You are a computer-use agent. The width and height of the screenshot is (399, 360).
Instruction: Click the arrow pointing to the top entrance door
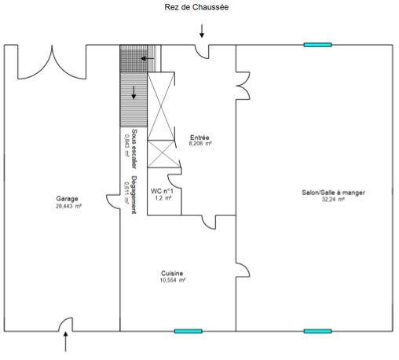tap(202, 31)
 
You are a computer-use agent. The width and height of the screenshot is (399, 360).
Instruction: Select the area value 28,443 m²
tap(68, 206)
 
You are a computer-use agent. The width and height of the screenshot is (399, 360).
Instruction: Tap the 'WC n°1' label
tap(162, 191)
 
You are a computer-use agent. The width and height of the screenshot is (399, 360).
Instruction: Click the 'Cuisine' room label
tap(172, 273)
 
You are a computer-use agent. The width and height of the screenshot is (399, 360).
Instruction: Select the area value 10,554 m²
tap(172, 280)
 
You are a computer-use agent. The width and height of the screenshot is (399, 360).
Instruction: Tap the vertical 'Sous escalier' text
tap(134, 149)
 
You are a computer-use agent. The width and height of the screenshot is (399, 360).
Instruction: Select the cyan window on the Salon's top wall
tap(318, 45)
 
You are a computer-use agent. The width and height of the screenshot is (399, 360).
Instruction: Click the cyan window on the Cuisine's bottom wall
tap(188, 331)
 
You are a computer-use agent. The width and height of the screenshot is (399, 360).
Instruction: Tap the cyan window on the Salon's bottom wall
tap(318, 331)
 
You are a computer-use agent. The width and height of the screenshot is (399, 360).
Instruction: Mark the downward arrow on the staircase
tap(134, 91)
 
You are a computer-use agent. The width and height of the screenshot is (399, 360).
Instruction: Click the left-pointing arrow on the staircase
tap(144, 58)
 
